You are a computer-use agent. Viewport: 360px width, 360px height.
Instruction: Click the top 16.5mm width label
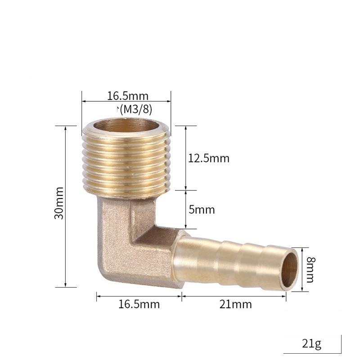(127, 96)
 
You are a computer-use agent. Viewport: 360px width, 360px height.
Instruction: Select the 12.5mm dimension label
(208, 158)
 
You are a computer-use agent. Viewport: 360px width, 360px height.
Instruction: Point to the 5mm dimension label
(202, 210)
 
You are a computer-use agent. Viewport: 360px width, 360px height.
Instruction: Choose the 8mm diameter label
(310, 269)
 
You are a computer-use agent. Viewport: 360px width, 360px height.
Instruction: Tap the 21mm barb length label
(236, 304)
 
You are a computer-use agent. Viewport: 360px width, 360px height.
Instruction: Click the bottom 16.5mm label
(139, 304)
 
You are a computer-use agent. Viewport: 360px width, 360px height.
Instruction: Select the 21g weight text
(311, 345)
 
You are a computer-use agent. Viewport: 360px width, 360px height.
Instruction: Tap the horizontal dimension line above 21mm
(234, 296)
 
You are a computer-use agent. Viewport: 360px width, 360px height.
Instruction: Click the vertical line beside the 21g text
(342, 344)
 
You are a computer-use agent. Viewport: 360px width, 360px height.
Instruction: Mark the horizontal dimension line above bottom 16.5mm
(139, 296)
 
